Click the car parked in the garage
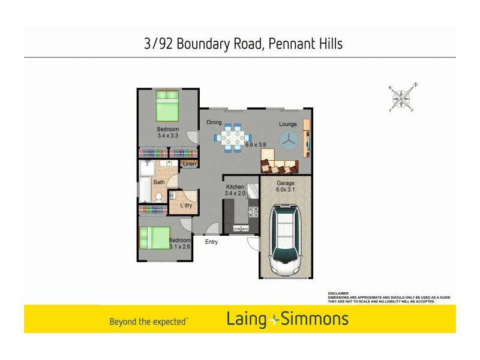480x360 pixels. coord(286,241)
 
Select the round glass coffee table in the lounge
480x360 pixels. coord(289,140)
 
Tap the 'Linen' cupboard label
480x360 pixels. coord(189,164)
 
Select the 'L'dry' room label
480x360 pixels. coord(186,206)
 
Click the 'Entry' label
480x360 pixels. coord(211,242)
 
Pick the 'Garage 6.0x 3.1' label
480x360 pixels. coord(286,188)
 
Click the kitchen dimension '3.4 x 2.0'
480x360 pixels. coord(235,193)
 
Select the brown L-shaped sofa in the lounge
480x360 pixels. coord(278,162)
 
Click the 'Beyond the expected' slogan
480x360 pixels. coord(148,322)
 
